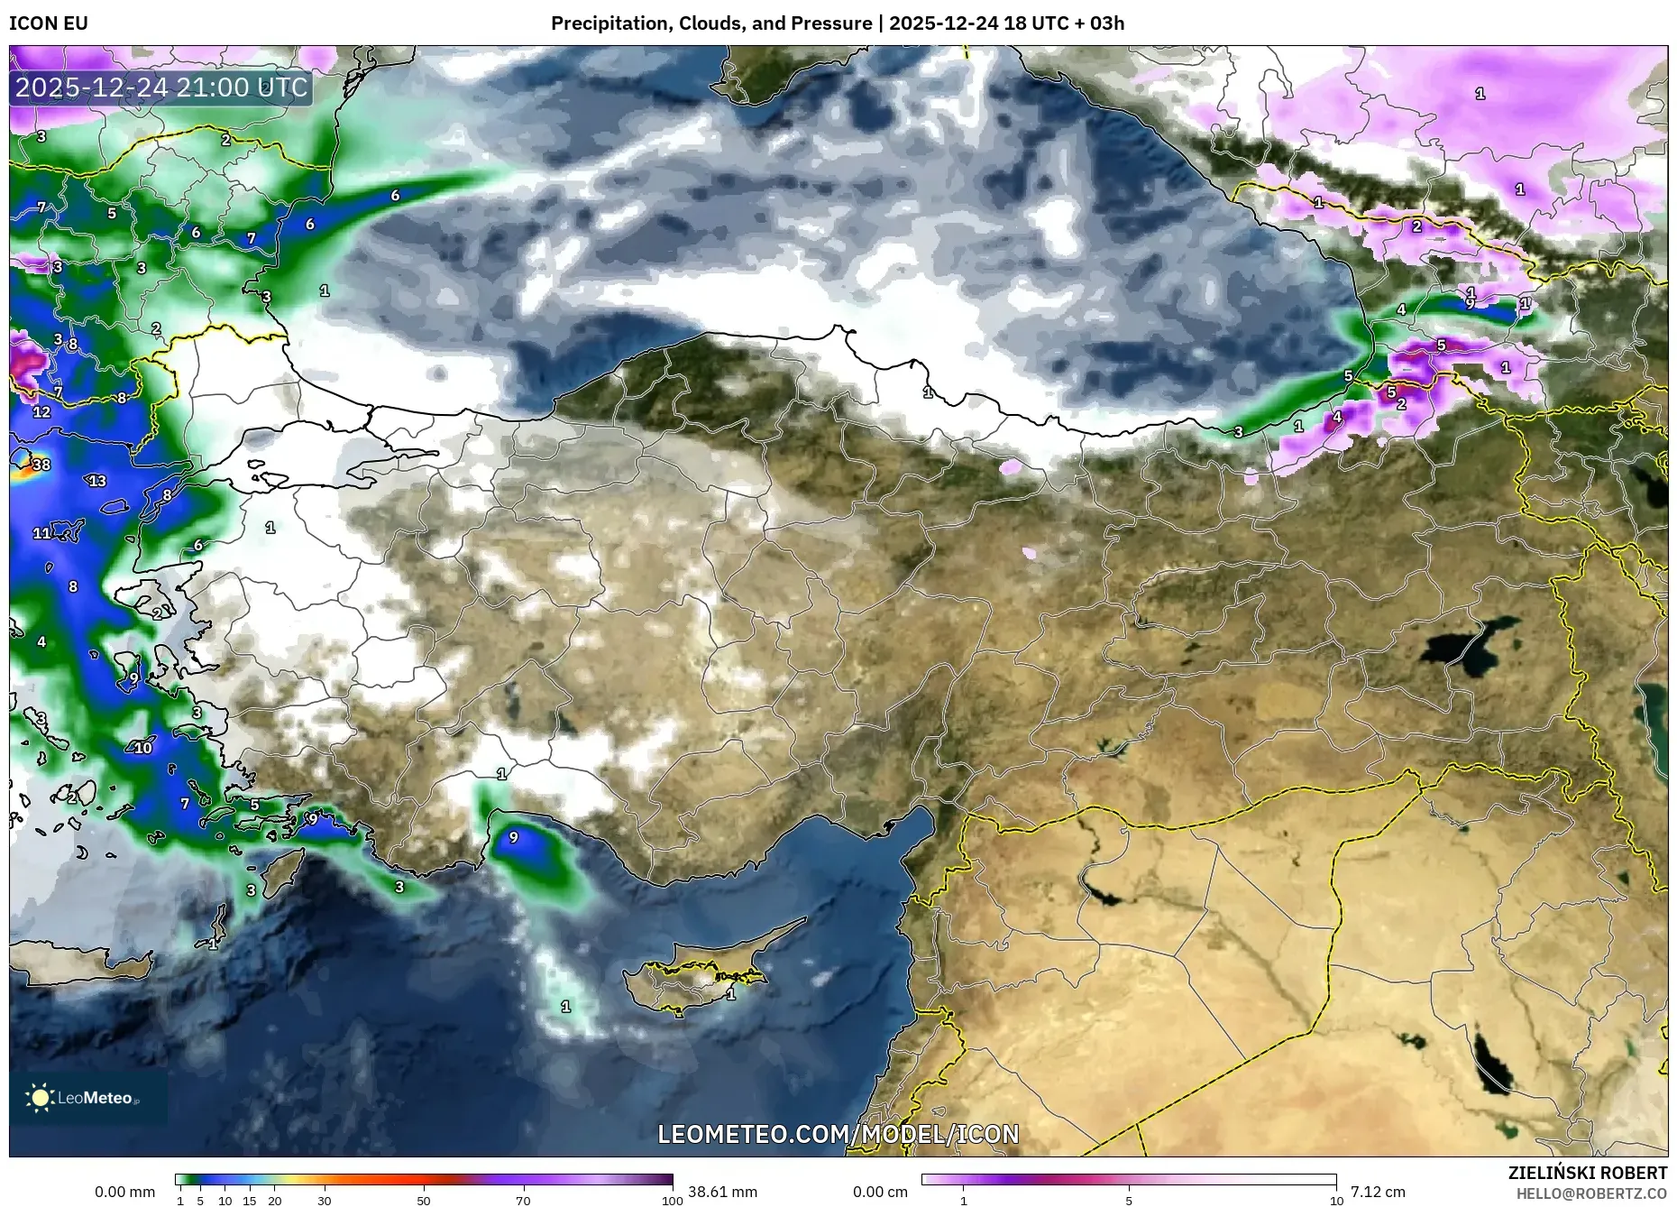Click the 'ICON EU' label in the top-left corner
[x=49, y=23]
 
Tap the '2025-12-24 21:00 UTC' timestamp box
[x=161, y=88]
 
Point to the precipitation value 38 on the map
[x=41, y=465]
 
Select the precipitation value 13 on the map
[x=97, y=481]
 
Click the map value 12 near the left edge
[x=41, y=412]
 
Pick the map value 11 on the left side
[x=41, y=533]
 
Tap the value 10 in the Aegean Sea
[x=143, y=748]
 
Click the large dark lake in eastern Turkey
[x=1465, y=648]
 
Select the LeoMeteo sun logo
[x=40, y=1097]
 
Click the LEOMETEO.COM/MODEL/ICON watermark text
[x=838, y=1134]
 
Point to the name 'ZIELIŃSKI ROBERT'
[x=1587, y=1173]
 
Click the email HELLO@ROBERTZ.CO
[x=1591, y=1193]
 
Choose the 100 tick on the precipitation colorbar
[x=673, y=1201]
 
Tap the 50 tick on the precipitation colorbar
[x=424, y=1201]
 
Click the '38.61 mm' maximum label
[x=722, y=1192]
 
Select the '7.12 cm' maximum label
[x=1378, y=1192]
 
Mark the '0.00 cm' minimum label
[x=880, y=1192]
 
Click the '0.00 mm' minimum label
[x=124, y=1192]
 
